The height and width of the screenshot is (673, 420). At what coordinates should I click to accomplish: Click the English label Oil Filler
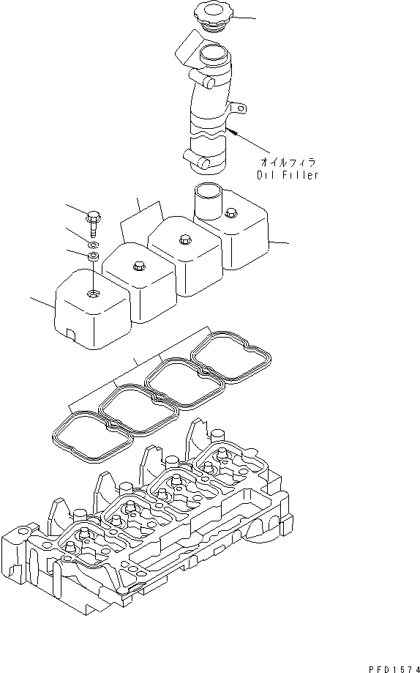point(288,176)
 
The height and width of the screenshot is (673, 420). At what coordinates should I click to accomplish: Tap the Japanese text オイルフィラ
point(290,163)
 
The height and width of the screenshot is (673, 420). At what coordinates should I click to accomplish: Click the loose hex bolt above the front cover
point(93,221)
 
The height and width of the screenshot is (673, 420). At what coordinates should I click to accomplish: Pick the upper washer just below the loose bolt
point(94,244)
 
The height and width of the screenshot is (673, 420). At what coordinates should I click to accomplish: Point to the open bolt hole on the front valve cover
point(94,294)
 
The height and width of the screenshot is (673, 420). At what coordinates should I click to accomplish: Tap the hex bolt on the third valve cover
point(184,239)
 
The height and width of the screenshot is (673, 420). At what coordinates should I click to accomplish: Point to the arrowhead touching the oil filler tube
point(228,131)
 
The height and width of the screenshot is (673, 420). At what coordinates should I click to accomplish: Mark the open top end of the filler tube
point(213,53)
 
